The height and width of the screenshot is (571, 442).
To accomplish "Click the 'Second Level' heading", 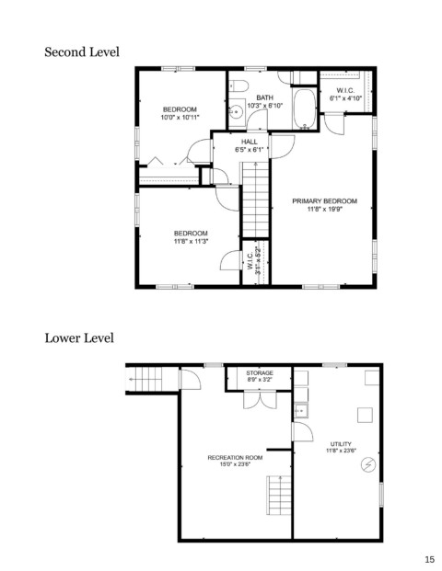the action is point(82,52).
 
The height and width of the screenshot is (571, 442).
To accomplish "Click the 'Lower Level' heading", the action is point(79,338).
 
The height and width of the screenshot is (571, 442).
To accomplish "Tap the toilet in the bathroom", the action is point(238,86).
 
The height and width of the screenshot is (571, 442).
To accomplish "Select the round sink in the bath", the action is point(237,110).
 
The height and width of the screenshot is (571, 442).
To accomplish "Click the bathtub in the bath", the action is point(305,108).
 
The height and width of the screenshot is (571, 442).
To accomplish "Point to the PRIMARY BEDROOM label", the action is point(324,201).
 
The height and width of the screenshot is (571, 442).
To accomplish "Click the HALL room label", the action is point(249,142).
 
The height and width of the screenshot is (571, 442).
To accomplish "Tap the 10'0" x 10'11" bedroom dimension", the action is point(180,118).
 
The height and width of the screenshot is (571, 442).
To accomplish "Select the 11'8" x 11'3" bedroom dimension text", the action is point(191,241).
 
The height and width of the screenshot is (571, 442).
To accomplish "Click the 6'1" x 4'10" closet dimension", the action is point(345,98).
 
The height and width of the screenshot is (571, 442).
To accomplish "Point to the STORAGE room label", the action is point(260,373).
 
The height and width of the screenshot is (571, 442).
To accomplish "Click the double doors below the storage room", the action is point(260,399).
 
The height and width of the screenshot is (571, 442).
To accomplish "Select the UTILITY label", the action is point(341,444).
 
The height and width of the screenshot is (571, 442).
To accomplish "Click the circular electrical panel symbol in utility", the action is point(368,465).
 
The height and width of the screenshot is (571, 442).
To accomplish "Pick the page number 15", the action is point(430,560).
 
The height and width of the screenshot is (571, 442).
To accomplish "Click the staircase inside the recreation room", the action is point(280,495).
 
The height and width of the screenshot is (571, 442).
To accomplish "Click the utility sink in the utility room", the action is point(301,411).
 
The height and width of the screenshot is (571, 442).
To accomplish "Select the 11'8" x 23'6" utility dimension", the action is point(341,451).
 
